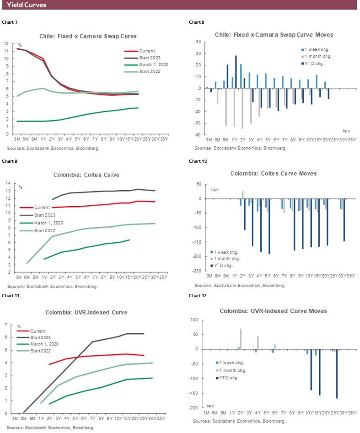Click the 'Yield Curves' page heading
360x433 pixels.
coord(26,5)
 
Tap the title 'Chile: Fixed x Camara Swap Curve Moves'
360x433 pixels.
coord(274,35)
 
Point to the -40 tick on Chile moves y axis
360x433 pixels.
coord(199,135)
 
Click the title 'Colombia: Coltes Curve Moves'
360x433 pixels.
coord(274,174)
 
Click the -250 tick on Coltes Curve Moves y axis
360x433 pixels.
coord(198,271)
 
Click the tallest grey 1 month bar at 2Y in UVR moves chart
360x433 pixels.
coord(241,339)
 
